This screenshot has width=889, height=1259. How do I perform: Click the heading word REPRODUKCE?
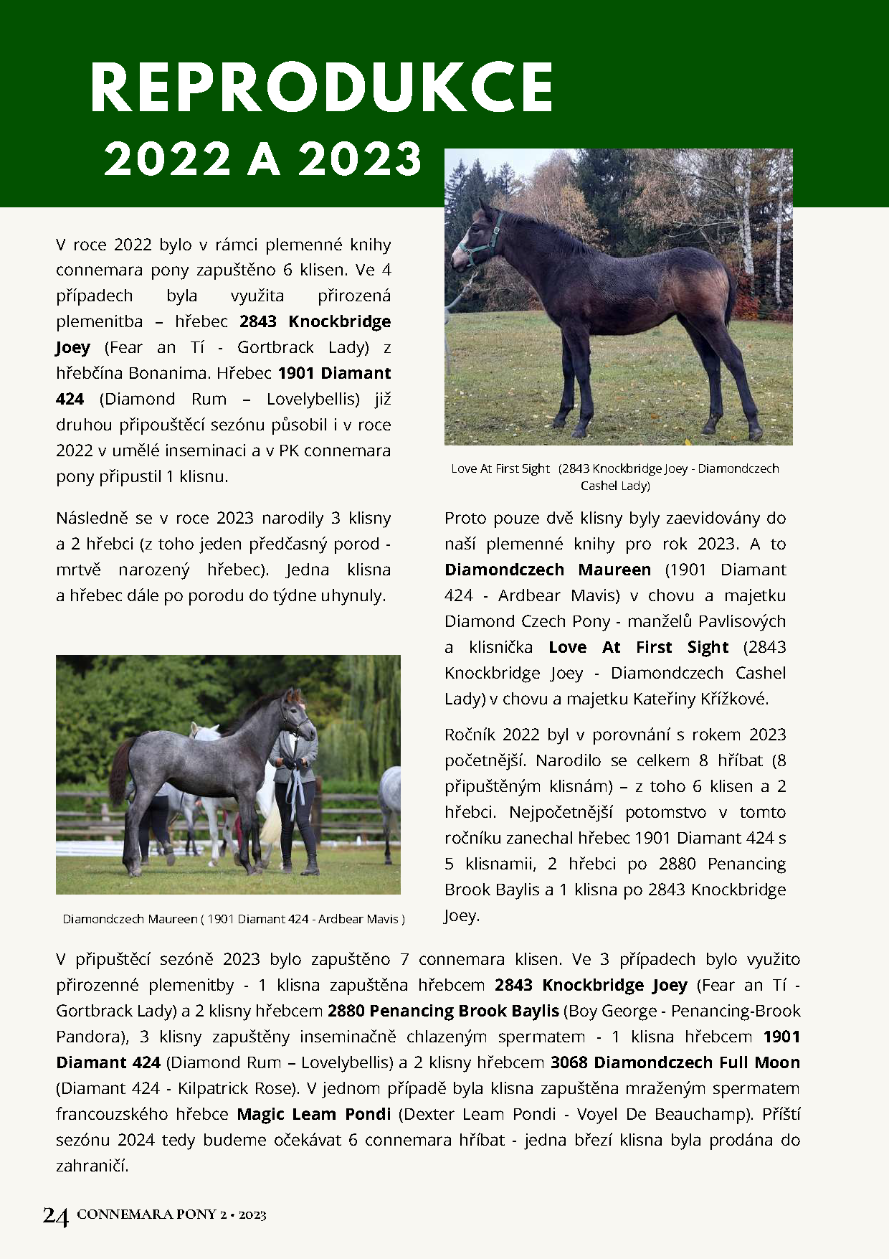pos(322,88)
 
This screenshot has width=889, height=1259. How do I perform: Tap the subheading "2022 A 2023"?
pos(263,159)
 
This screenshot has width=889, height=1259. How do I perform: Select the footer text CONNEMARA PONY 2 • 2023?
pos(171,1215)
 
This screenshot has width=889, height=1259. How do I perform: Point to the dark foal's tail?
pos(730,294)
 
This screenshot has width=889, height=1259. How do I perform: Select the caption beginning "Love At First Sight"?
pos(614,477)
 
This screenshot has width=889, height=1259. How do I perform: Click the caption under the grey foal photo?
pos(234,919)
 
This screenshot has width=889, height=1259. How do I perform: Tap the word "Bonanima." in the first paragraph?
pos(171,373)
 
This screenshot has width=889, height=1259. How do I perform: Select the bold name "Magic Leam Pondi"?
pos(314,1114)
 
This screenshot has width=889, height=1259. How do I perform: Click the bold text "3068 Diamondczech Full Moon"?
pos(675,1062)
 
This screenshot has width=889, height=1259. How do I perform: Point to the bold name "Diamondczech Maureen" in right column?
pos(547,570)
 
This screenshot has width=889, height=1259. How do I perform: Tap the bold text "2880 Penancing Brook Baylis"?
pos(443,1011)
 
